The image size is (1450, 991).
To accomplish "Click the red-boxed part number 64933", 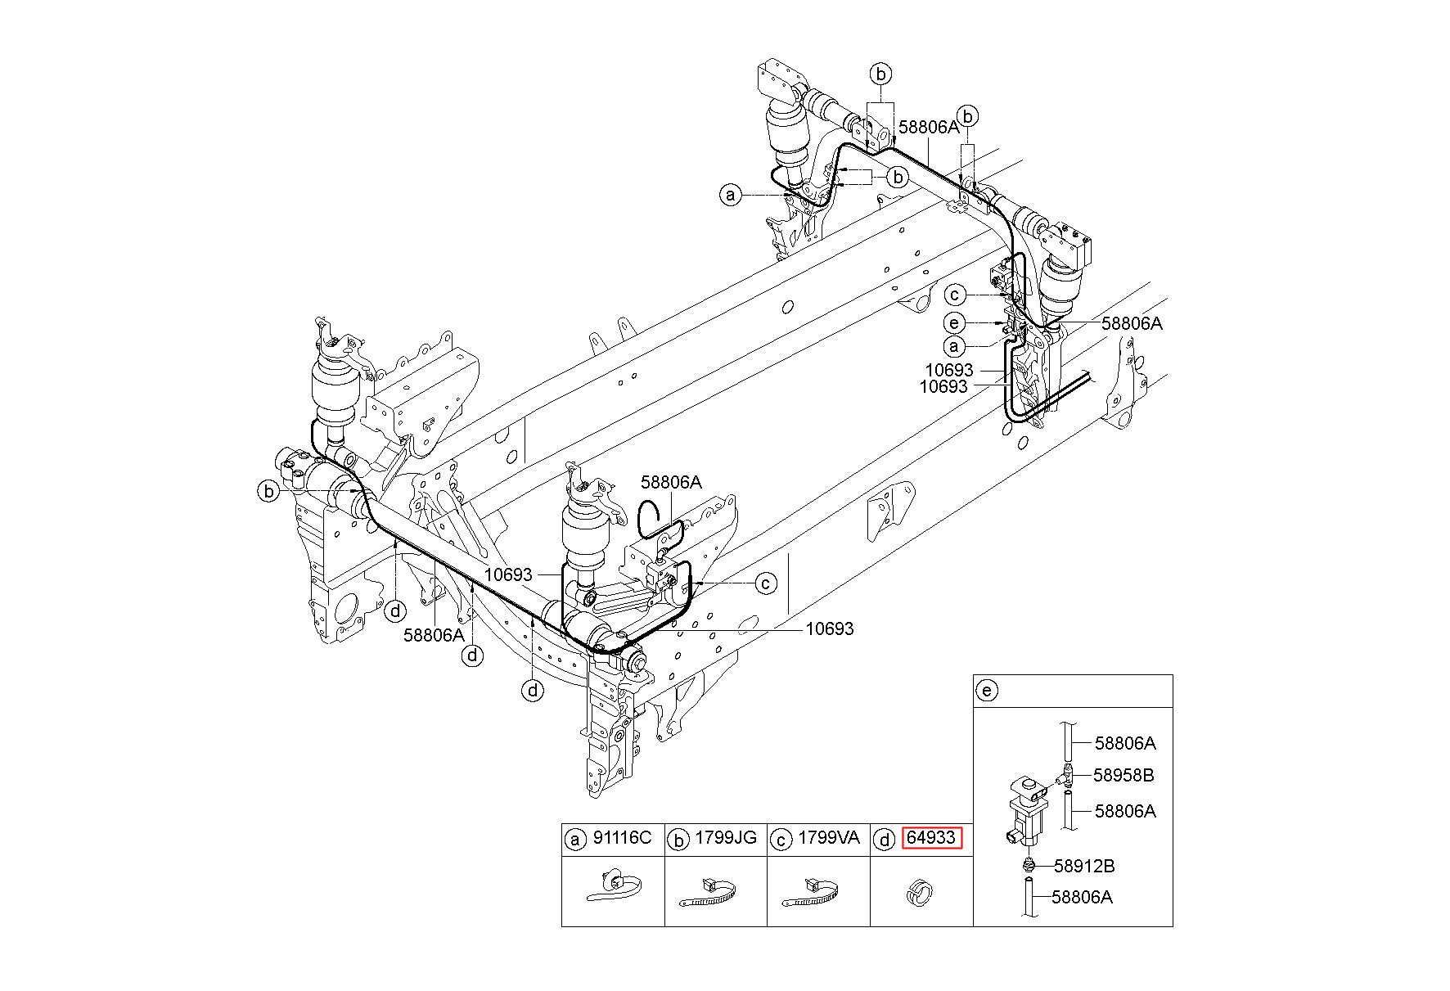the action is coord(931,838).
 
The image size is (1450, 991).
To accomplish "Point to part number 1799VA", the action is coord(829,838).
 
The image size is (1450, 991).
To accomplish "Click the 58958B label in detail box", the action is coord(1124,775).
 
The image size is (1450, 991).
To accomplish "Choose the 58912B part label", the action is coord(1084,866).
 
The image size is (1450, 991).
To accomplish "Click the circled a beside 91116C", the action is coord(576,839).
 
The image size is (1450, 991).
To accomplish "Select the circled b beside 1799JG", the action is coord(679,839).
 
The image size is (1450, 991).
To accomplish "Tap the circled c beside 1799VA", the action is coord(781,839).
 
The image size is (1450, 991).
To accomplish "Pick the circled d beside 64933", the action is coord(884,839).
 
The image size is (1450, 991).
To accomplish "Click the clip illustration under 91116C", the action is coord(615,887).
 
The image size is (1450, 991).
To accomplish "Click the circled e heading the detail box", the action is coord(987,691).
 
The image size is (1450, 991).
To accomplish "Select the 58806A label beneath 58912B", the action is coord(1082,897).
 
